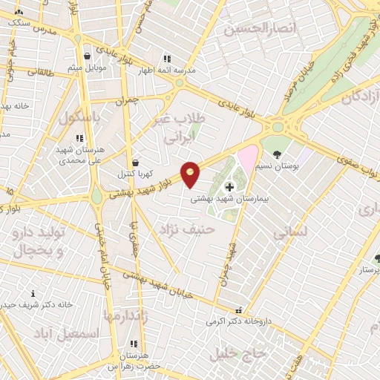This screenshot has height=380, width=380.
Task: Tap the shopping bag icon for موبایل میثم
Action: click(x=88, y=56)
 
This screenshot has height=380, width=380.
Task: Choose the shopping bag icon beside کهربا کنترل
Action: click(x=134, y=163)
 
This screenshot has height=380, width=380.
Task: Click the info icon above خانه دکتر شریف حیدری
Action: click(x=32, y=294)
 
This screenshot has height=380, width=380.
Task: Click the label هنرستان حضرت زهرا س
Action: click(x=134, y=361)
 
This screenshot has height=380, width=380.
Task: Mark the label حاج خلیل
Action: click(x=237, y=352)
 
